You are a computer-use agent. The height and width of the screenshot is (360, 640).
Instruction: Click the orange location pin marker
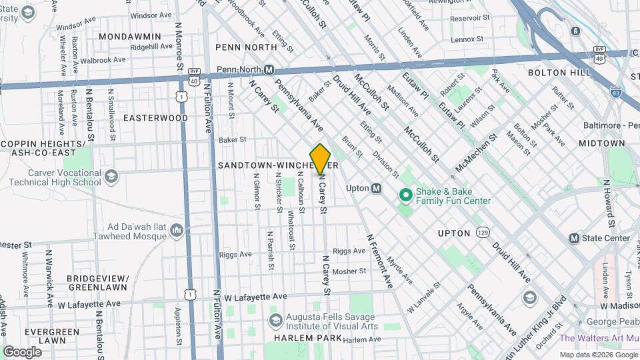[321, 159]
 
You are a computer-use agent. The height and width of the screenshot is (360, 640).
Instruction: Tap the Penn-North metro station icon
[269, 69]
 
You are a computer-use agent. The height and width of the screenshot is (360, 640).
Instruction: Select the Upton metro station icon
[377, 188]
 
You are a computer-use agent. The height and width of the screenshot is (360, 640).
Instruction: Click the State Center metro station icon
[574, 238]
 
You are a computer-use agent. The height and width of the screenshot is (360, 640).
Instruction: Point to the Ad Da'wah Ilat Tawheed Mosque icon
[177, 231]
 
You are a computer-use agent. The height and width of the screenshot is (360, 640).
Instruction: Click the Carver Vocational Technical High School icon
[111, 176]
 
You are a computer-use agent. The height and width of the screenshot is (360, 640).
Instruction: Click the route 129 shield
[483, 232]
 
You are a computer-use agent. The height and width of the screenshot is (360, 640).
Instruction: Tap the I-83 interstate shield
[616, 94]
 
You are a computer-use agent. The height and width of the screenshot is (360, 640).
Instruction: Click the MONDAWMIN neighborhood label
[130, 36]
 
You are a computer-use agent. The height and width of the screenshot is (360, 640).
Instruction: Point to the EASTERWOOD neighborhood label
[155, 117]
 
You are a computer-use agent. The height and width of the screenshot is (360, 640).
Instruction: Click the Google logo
[22, 351]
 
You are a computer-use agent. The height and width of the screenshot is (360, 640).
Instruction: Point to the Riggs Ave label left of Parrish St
[235, 254]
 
